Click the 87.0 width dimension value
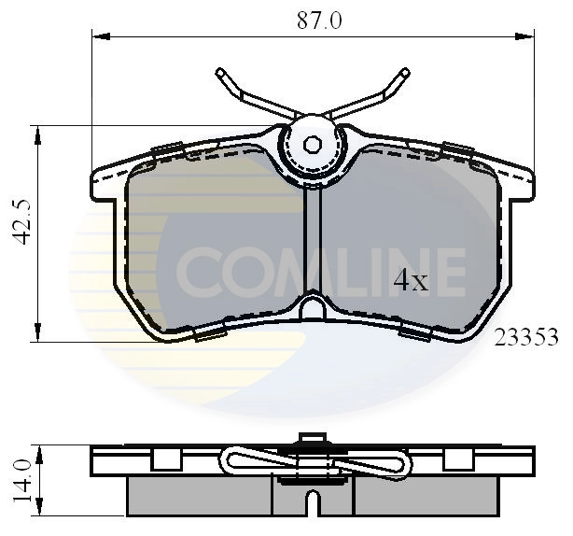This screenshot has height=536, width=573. tap(313, 20)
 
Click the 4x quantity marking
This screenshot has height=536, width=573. tap(410, 280)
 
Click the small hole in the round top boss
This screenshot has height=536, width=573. tap(314, 144)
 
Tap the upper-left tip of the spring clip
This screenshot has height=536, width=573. tap(220, 72)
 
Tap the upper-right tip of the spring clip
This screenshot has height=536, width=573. tap(406, 72)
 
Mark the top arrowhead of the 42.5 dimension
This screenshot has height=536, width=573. tap(39, 133)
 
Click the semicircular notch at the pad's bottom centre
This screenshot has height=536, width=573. tap(314, 308)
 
